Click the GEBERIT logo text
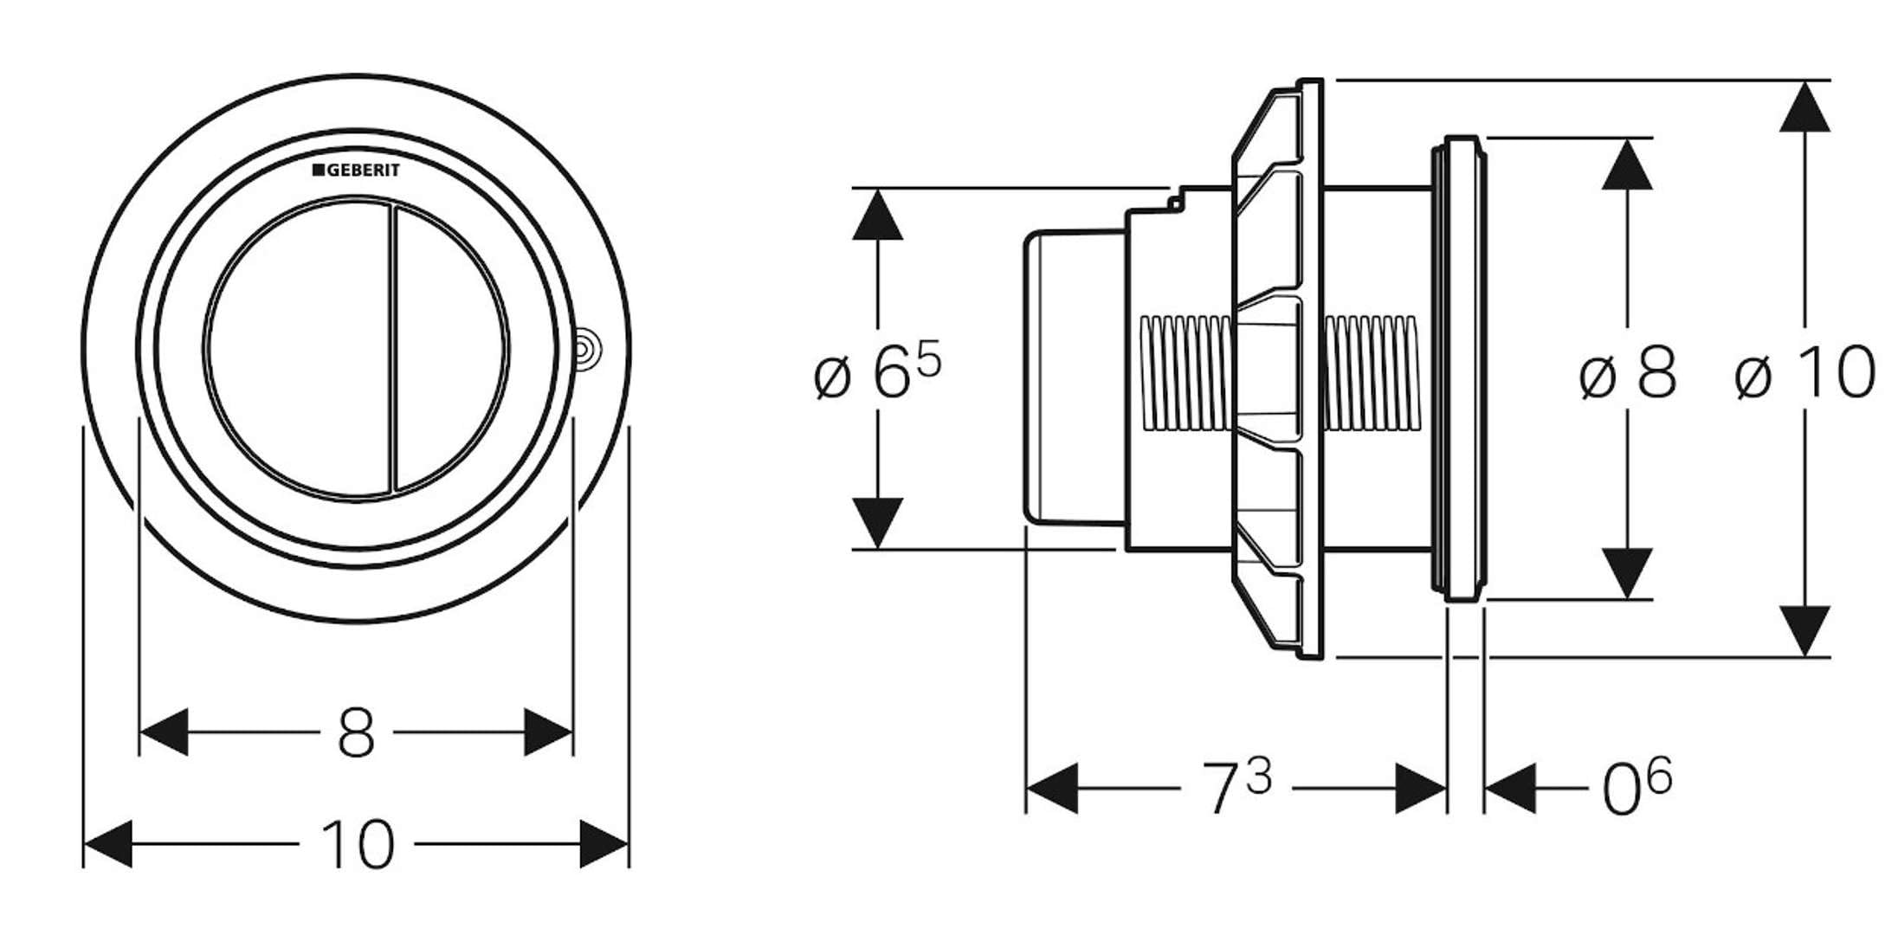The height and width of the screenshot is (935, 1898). coord(357,171)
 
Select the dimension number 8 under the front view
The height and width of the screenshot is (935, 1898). coord(356,733)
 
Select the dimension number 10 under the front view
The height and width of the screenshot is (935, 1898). coord(358,845)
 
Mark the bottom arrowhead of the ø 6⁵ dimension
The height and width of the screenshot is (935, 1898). coord(877,522)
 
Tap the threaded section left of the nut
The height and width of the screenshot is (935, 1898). coord(1185,372)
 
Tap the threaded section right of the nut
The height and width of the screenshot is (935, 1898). coord(1372,372)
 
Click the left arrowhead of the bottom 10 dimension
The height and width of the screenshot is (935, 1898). coord(107,844)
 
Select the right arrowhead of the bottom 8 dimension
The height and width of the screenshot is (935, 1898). coord(548,732)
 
